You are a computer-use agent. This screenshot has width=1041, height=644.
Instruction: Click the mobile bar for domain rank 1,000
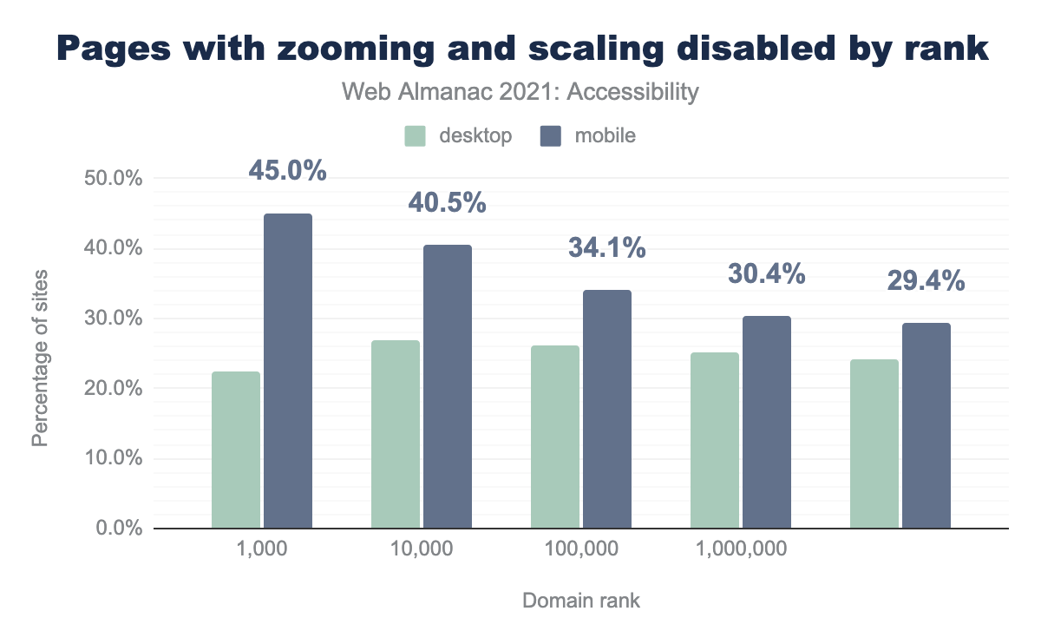point(288,371)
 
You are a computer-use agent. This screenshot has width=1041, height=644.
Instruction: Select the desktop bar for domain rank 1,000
point(236,450)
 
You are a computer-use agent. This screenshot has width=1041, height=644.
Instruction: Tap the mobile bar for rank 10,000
point(448,387)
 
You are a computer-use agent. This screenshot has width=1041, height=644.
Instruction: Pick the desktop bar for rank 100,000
point(555,437)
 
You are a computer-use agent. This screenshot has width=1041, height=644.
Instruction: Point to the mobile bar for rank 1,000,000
point(767,422)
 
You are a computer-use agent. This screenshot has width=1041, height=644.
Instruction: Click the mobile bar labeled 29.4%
point(926,425)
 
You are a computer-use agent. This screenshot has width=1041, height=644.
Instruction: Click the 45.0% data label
point(288,170)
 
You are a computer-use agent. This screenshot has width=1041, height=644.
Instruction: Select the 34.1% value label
point(607,248)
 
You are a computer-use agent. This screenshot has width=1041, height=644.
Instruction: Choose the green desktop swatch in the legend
point(416,136)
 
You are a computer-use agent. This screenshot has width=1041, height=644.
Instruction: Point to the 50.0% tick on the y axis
point(114,179)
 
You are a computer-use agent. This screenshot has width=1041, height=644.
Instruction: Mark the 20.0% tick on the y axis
point(114,389)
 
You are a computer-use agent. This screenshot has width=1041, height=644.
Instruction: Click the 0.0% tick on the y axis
point(119,529)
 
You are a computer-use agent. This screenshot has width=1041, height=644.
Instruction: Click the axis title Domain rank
point(581,601)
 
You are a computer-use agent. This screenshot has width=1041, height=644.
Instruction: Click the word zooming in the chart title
point(363,49)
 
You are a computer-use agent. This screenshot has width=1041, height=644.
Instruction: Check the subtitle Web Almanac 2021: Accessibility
point(520,92)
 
